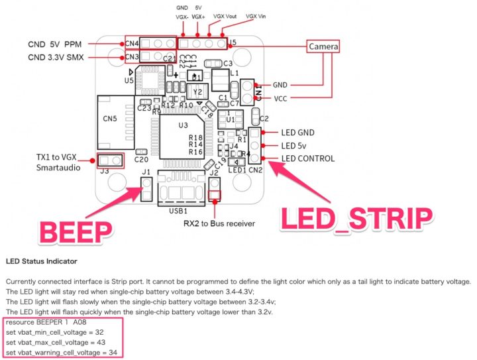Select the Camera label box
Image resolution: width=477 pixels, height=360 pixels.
point(323,46)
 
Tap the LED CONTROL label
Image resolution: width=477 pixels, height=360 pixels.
point(307,158)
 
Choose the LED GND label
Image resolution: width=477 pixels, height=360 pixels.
point(297,133)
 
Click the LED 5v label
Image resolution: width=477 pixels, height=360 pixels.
point(295,145)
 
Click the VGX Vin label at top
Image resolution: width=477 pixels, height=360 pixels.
point(254,16)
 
